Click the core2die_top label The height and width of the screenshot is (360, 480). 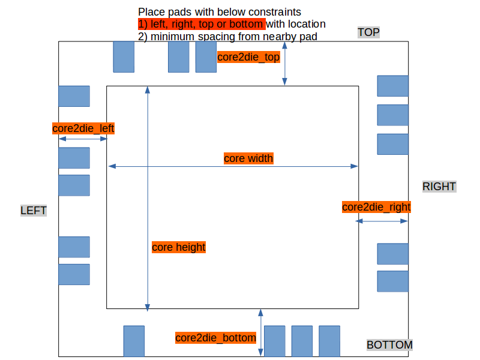tap(248, 58)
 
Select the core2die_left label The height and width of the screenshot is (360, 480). tap(83, 128)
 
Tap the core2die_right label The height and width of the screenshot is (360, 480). tap(376, 207)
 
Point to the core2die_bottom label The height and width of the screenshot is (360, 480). tap(216, 338)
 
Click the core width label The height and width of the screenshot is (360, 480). tap(248, 158)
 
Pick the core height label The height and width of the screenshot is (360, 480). tap(179, 247)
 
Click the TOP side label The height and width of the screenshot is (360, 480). tap(368, 32)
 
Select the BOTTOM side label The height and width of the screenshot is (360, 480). tap(389, 345)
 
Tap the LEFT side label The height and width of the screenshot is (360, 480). tap(34, 211)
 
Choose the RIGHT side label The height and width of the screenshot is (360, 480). tap(439, 187)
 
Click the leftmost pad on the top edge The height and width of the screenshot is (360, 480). tap(124, 57)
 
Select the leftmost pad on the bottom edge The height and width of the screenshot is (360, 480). tap(134, 341)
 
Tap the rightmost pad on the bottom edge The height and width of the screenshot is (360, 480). tap(329, 341)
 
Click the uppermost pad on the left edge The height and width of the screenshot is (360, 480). tap(74, 96)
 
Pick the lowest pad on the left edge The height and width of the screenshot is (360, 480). tap(74, 274)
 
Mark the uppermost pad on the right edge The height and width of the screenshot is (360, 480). tap(392, 86)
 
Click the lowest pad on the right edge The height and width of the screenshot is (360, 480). tap(392, 281)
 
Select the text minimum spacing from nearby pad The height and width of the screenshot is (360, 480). tap(234, 37)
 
